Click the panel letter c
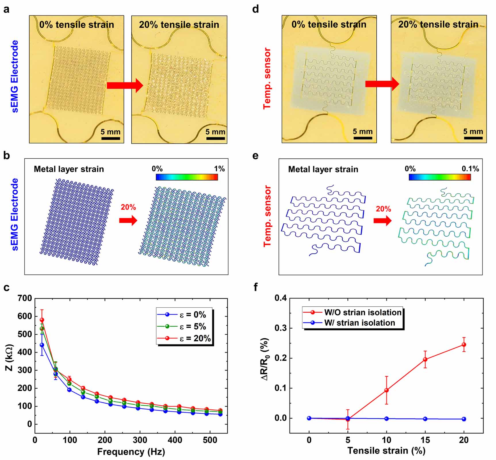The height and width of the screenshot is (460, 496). click(6, 287)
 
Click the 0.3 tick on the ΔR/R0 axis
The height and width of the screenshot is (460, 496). click(280, 328)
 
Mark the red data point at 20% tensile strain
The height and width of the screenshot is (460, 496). click(464, 344)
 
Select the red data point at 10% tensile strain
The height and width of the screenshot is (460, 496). click(386, 390)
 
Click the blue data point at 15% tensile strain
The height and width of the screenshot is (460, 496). click(425, 419)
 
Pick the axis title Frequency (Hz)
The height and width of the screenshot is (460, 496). click(131, 451)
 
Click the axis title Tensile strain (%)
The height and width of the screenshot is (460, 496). click(386, 450)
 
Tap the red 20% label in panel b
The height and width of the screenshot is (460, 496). click(128, 207)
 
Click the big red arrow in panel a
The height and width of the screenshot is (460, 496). click(125, 85)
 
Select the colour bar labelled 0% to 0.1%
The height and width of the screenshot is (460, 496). click(439, 177)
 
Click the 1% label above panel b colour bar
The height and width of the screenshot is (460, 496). click(219, 169)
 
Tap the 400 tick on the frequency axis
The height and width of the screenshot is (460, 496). click(175, 440)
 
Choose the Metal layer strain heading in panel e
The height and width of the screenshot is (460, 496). click(323, 169)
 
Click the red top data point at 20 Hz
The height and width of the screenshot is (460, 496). click(42, 320)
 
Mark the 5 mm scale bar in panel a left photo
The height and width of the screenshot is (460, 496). click(110, 138)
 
